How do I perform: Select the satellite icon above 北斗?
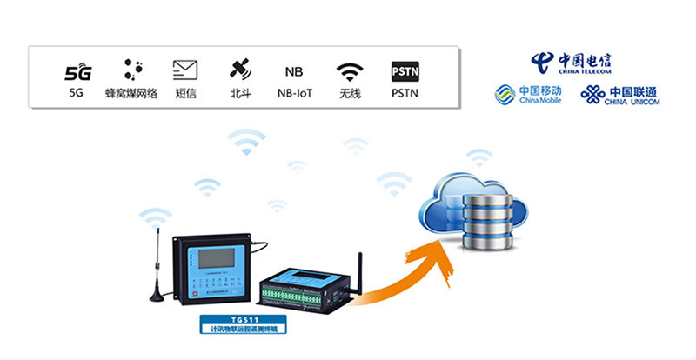tap(240, 70)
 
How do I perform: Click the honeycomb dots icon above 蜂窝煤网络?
tap(131, 70)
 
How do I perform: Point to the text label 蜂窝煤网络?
tap(131, 93)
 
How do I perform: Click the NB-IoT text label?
tap(294, 93)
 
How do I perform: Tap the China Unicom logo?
tap(620, 94)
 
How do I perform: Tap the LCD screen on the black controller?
tap(214, 258)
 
